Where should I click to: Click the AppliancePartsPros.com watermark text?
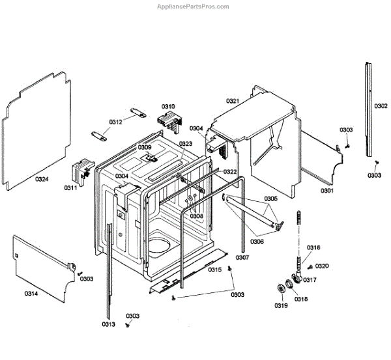point(194,7)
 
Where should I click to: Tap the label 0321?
point(233,101)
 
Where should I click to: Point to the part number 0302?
point(381,106)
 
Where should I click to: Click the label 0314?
point(31,294)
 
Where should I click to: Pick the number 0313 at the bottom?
point(108,324)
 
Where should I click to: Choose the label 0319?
point(280,305)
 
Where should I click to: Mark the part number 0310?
point(168,106)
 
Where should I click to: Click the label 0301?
point(327,191)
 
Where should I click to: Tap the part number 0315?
point(215,269)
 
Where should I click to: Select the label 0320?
point(322,266)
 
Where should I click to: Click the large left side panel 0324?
point(39,124)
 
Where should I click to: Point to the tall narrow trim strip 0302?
point(369,111)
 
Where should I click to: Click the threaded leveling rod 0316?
point(300,234)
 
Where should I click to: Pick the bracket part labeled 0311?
point(81,171)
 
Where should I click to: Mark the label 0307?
point(242,258)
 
